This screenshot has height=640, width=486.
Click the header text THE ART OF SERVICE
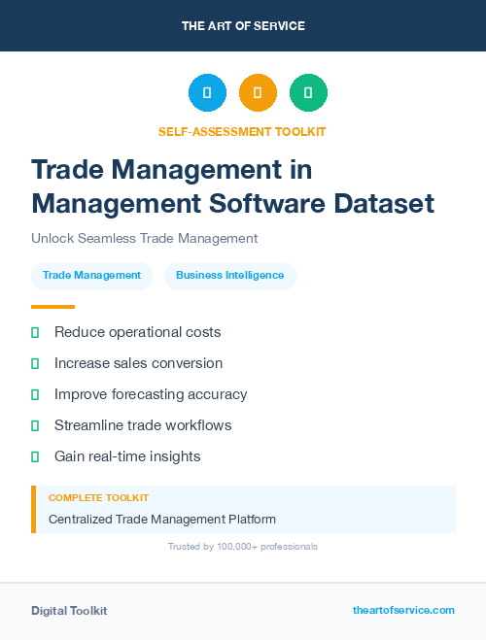[243, 26]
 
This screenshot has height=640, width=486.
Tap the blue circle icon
[207, 93]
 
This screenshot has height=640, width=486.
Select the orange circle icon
[258, 93]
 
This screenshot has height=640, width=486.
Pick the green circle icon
[308, 93]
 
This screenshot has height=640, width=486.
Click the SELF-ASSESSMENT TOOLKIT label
[242, 131]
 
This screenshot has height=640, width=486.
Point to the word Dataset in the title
[381, 204]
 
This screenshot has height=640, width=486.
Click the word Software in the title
[260, 204]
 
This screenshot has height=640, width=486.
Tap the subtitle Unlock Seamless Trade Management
[144, 238]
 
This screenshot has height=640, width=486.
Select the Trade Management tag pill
[91, 276]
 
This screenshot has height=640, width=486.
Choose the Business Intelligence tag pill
[230, 276]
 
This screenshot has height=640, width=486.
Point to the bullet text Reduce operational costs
[137, 332]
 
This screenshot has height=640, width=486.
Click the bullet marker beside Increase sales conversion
[35, 363]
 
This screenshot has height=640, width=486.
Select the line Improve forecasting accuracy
[151, 394]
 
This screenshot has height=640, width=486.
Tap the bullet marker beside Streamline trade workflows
[35, 425]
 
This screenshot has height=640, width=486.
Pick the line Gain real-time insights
[127, 456]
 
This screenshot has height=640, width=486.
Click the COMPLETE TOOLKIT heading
[98, 497]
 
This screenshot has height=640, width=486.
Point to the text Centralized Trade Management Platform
[162, 520]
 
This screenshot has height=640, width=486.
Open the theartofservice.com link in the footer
[403, 610]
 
